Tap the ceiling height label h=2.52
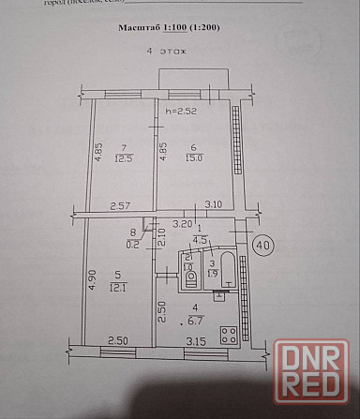181,113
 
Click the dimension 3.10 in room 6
215,205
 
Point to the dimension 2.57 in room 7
119,205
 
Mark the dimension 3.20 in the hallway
184,224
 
